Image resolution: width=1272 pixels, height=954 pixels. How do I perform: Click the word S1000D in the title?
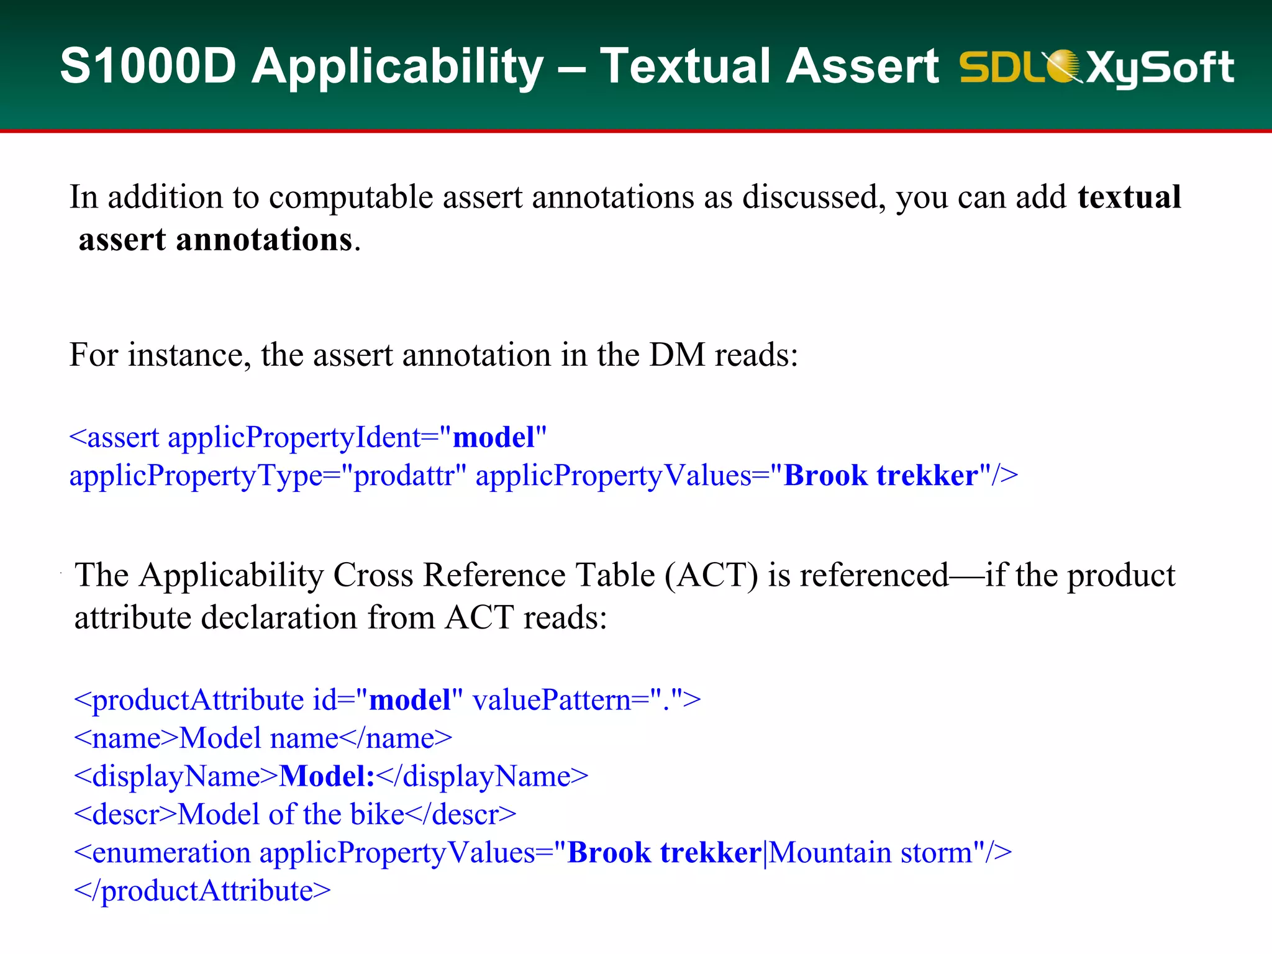pyautogui.click(x=148, y=66)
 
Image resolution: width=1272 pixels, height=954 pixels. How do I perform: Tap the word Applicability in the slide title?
pyautogui.click(x=397, y=67)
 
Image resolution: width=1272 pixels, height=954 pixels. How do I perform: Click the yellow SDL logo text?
pyautogui.click(x=1000, y=67)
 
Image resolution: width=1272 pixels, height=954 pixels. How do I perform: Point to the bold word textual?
pyautogui.click(x=1129, y=198)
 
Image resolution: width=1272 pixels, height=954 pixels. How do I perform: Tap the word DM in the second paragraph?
pyautogui.click(x=677, y=355)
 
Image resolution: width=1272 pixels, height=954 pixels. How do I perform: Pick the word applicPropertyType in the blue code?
pyautogui.click(x=196, y=476)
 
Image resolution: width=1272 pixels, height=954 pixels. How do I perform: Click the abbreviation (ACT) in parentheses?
pyautogui.click(x=711, y=575)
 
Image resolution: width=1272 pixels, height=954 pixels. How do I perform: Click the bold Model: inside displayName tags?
pyautogui.click(x=327, y=777)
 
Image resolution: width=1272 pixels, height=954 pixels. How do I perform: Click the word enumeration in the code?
pyautogui.click(x=171, y=853)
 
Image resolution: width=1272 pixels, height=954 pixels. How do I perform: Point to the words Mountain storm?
pyautogui.click(x=870, y=853)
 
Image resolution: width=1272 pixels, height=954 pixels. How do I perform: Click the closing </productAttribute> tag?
pyautogui.click(x=202, y=891)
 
